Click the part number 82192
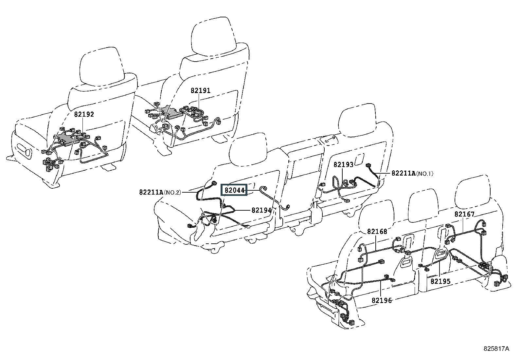[84, 114]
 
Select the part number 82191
[201, 90]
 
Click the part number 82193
[344, 164]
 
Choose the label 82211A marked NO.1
[403, 173]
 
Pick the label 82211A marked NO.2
[151, 192]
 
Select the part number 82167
[464, 214]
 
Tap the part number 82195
[440, 281]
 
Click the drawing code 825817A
[496, 349]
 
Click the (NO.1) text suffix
[424, 174]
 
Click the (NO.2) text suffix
[172, 192]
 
